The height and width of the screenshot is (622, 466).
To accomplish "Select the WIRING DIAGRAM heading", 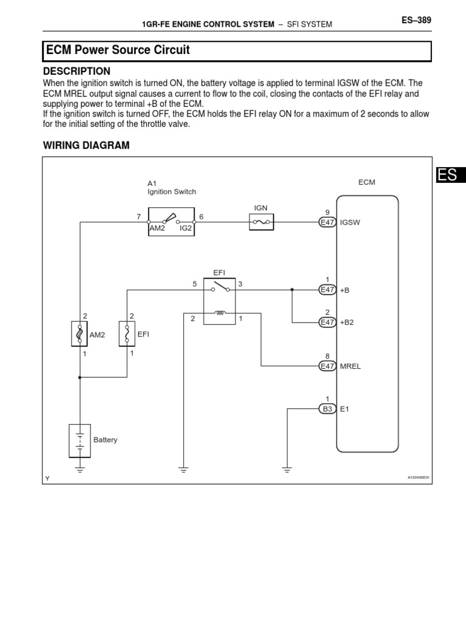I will pos(86,145).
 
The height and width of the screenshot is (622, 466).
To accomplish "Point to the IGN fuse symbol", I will pos(262,224).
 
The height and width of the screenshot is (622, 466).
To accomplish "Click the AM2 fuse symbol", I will pos(80,333).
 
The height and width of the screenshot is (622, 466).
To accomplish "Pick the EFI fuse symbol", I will pos(127,333).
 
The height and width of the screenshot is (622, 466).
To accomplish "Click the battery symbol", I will pos(80,440).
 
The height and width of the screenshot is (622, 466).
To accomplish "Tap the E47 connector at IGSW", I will pos(328,223).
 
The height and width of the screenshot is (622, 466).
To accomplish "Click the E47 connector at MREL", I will pos(328,366).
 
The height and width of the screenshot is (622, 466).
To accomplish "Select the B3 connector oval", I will pos(328,409).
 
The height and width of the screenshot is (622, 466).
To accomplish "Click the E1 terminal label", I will pos(345,409).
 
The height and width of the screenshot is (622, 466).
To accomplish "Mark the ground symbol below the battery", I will pos(80,468).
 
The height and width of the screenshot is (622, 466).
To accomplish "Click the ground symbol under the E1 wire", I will pos(286,468).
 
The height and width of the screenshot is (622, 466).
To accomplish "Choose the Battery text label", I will pos(106,440).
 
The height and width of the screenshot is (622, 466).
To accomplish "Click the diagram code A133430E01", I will pos(418,477).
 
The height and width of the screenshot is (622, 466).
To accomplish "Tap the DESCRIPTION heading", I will pos(76,71).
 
